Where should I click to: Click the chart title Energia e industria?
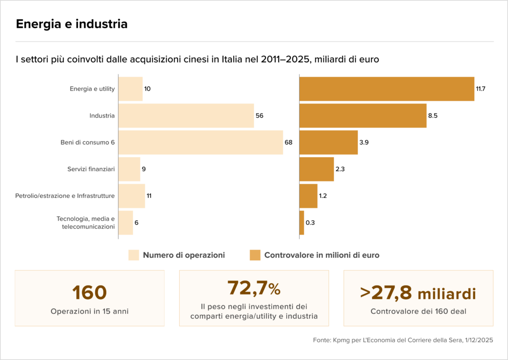point(71,24)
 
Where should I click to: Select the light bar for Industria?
point(187,116)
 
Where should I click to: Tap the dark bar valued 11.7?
point(387,89)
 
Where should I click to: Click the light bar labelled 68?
point(201,142)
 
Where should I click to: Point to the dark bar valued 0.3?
point(302,223)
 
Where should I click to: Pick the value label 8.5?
point(433,116)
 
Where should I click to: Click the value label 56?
point(259,116)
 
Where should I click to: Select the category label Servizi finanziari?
point(91,169)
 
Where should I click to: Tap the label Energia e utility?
point(92,89)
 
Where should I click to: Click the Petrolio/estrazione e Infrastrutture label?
point(65,196)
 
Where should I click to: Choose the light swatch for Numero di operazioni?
point(134,255)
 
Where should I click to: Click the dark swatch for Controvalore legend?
point(255,255)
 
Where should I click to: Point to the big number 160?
point(89,293)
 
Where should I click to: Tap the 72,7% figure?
point(254,288)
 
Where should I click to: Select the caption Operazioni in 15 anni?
point(89,311)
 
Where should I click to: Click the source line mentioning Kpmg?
point(403,340)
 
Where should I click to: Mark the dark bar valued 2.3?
point(317,169)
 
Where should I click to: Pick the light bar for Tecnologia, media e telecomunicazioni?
point(126,223)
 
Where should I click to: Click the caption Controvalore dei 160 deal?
point(418,311)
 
